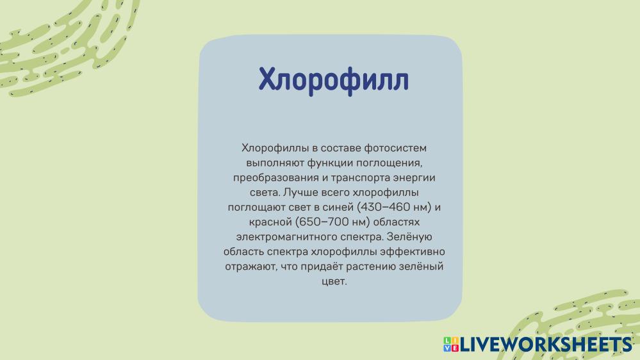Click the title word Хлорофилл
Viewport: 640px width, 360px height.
334,79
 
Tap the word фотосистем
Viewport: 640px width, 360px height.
395,148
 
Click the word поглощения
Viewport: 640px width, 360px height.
389,163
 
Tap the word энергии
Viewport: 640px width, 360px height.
414,178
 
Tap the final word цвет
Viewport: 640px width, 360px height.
334,281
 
